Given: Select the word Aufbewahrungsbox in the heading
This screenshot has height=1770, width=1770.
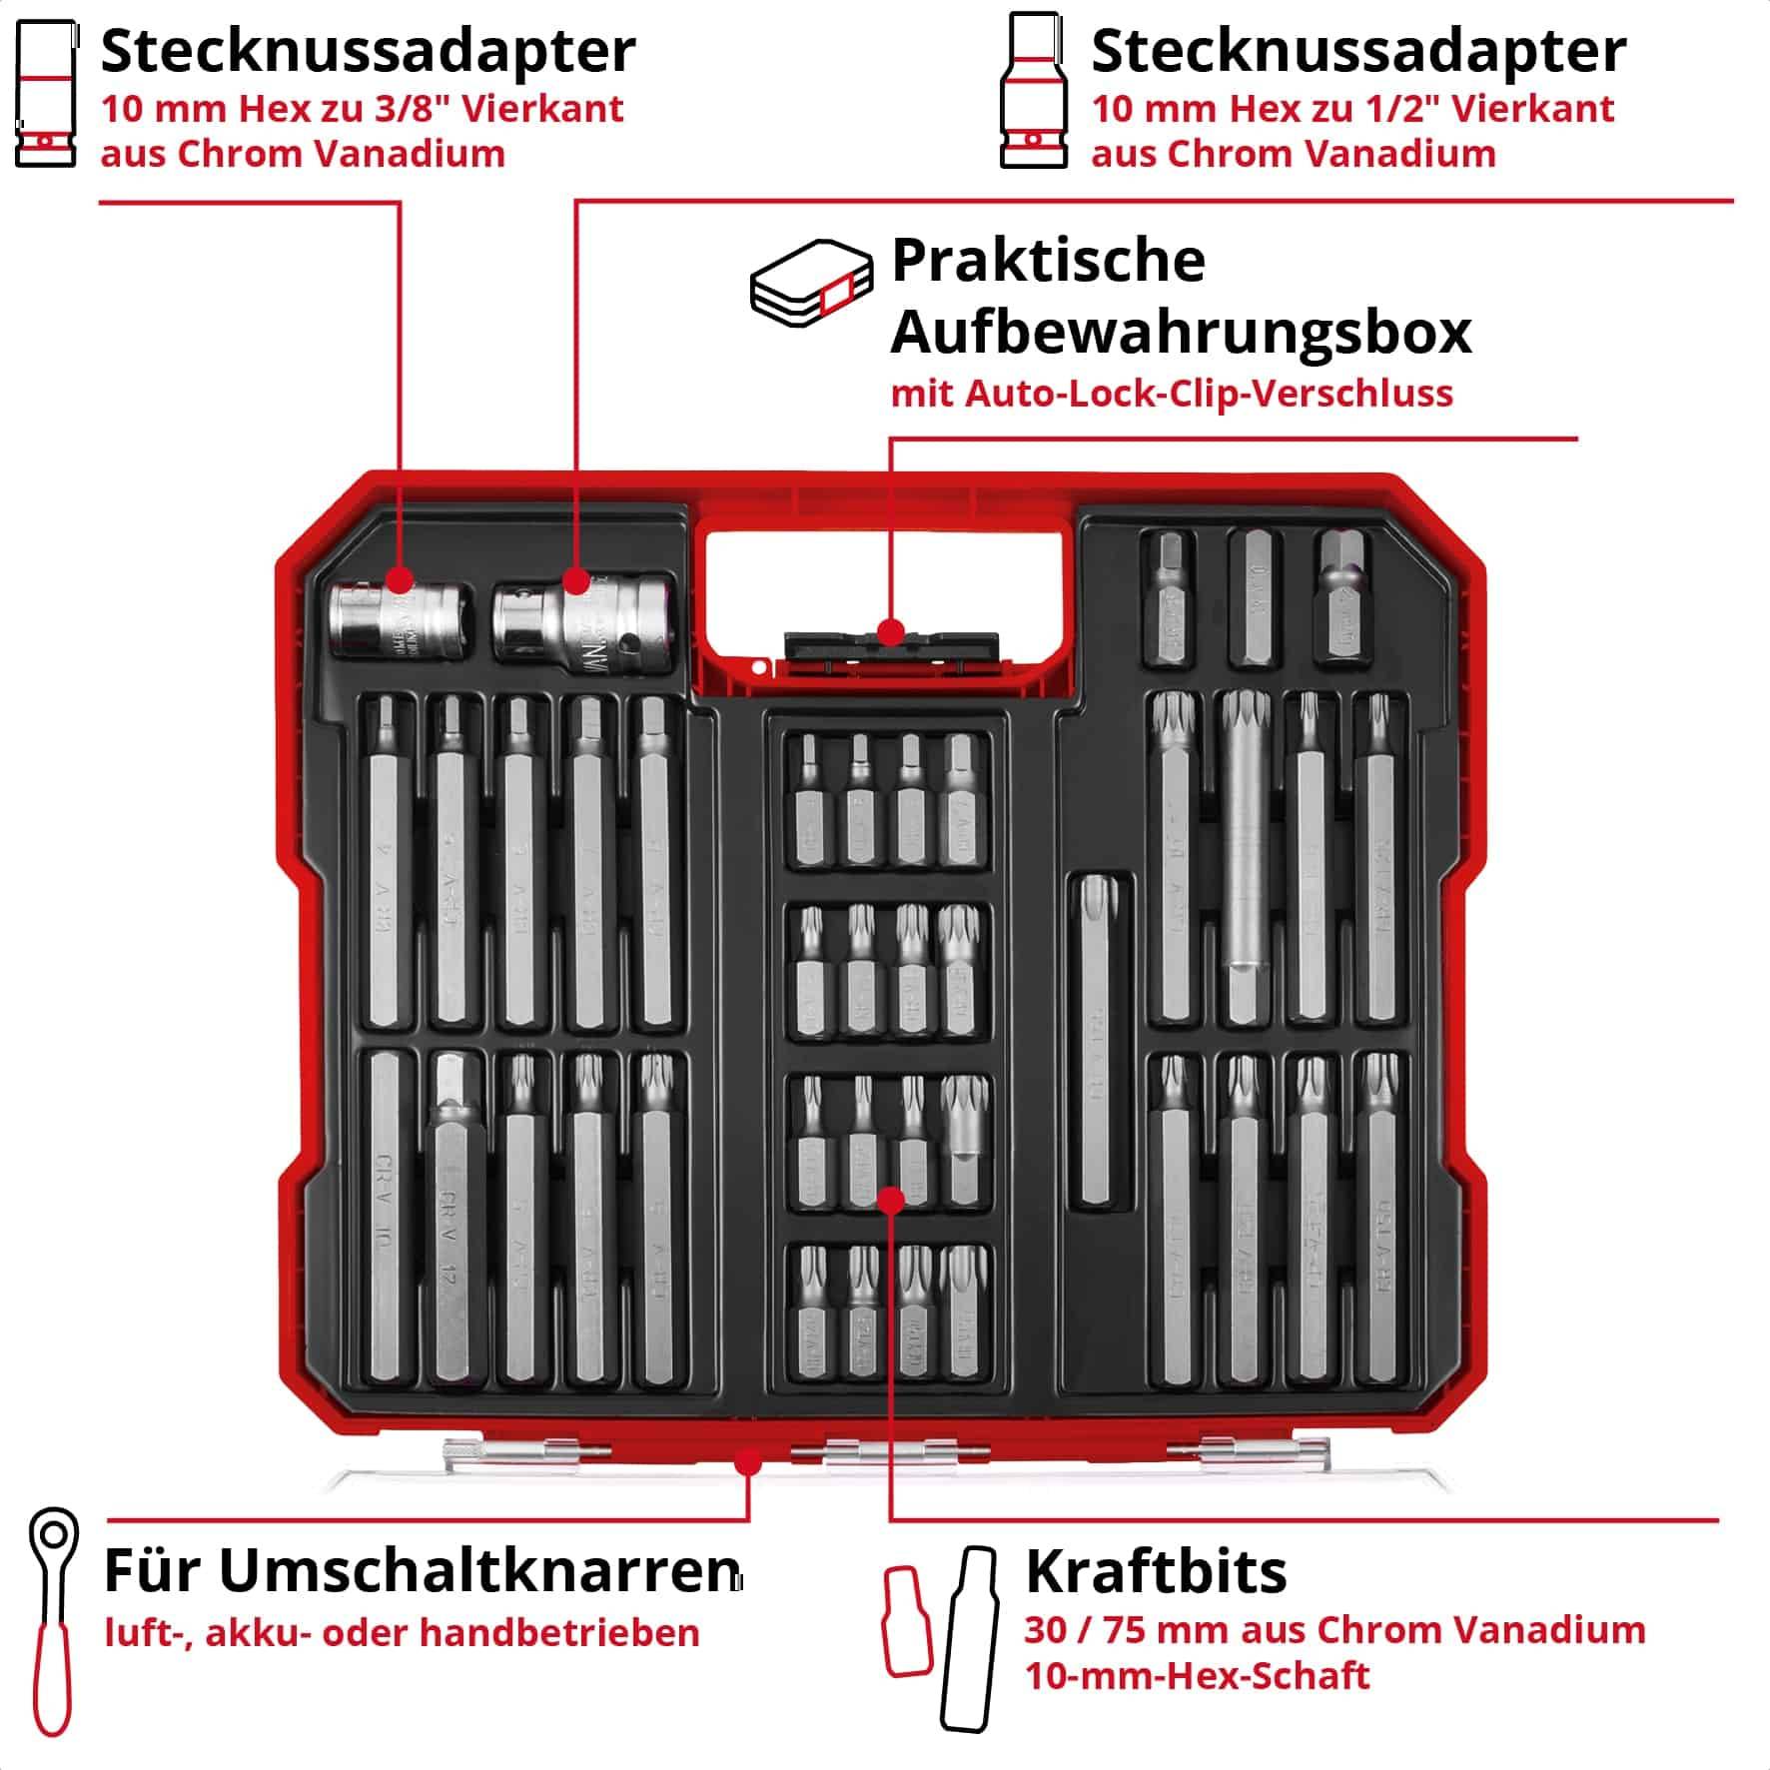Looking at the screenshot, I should point(1181,332).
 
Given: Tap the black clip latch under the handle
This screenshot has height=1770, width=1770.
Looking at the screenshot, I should point(890,646).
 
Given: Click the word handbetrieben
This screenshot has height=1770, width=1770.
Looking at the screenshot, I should point(559,1632).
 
